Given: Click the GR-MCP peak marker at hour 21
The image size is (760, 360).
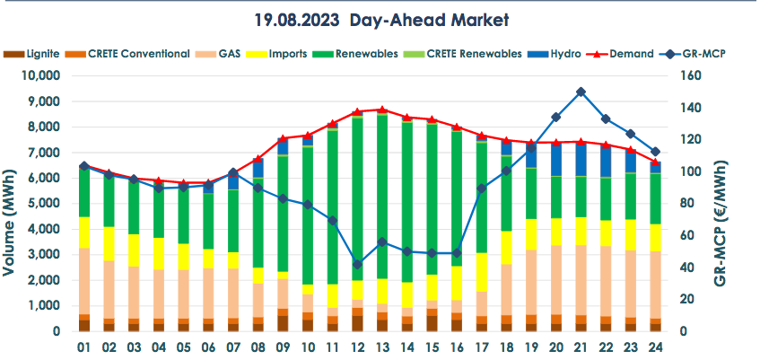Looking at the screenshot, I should (581, 92).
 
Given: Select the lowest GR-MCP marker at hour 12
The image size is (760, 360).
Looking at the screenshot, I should (357, 265).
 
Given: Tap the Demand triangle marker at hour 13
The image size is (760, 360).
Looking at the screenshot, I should (382, 110).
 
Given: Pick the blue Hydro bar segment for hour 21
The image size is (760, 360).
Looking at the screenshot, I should (581, 160).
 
